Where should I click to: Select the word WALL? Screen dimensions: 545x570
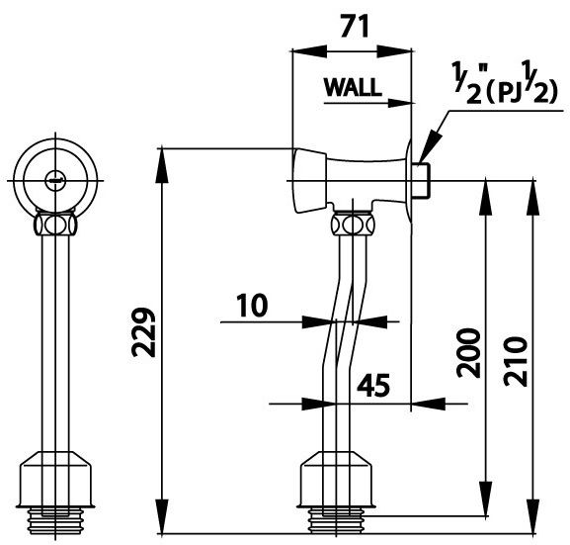353,87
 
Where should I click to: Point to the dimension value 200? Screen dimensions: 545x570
469,353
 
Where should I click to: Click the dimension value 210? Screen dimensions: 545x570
517,353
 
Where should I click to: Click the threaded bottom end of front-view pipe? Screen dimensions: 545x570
58,514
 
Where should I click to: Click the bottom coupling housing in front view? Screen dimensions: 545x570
58,479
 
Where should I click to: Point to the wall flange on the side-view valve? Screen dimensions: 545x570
410,180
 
